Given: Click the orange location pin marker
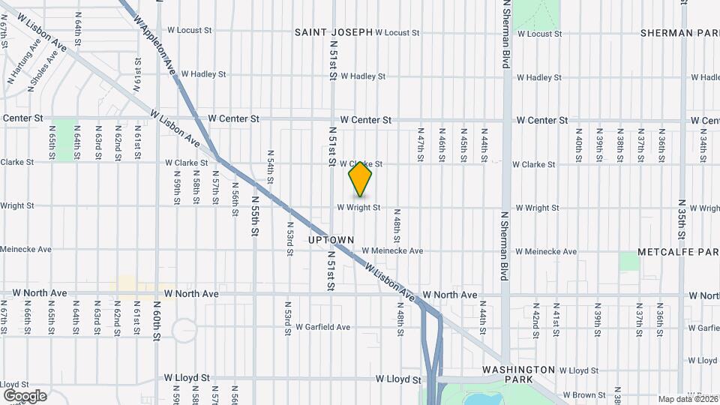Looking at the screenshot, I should coord(361,179).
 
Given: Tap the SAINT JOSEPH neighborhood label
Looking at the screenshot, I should coord(333,32).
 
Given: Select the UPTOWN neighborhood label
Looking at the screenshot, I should coord(331,240).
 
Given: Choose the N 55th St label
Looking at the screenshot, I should coord(255,217).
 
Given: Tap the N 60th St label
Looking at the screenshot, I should coord(157,321).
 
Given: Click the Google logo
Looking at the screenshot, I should coord(25,395).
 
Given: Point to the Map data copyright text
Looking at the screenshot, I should coord(688,399).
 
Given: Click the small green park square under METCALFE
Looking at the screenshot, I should coord(629,262).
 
